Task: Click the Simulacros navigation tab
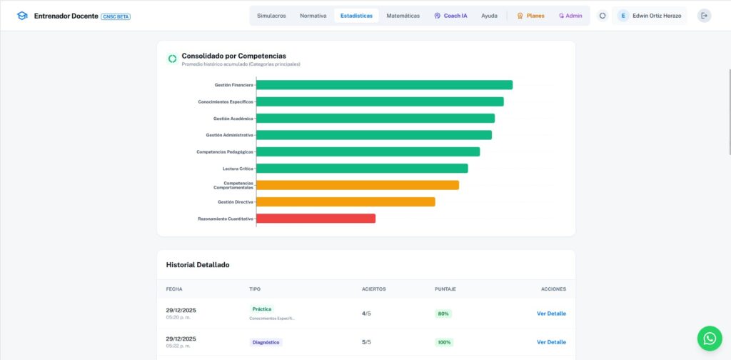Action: point(271,16)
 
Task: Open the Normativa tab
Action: point(313,16)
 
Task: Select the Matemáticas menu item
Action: point(403,16)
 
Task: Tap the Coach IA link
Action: point(450,16)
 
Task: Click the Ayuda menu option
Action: point(489,16)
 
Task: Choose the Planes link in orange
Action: point(530,16)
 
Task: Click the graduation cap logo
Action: point(22,16)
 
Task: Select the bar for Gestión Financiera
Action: point(384,85)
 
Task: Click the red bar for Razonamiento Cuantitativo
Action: point(316,219)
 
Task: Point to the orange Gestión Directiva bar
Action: point(346,202)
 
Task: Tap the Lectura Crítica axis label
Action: point(238,169)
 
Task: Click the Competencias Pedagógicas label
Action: point(225,152)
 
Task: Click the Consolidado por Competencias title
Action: point(233,56)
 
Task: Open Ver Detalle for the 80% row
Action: point(551,314)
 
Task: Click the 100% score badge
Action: point(443,342)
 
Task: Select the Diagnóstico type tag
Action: point(266,342)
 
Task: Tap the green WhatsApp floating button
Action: point(709,339)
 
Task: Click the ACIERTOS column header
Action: point(374,289)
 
